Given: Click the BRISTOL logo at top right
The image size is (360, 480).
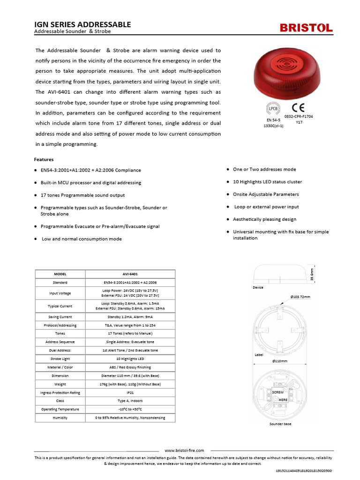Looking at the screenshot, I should [x=307, y=28].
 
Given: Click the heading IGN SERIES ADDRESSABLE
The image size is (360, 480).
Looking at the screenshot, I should [x=83, y=24].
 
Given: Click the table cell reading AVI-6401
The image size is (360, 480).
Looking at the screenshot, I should [x=130, y=274].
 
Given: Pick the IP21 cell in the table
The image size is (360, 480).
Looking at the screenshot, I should [x=130, y=392].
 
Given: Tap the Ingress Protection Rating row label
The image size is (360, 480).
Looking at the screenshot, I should [x=60, y=392].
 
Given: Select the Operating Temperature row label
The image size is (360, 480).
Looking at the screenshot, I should [x=60, y=409].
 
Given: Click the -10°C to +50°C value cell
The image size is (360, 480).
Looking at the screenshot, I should [x=130, y=409].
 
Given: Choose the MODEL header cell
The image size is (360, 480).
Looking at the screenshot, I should [x=60, y=274].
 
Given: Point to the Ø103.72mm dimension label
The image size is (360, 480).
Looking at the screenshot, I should [x=300, y=297].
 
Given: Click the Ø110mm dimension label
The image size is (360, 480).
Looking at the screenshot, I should [x=280, y=361].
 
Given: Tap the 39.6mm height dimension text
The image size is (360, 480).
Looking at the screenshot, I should [x=312, y=274].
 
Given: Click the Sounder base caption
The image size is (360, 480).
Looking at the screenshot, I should [x=280, y=424].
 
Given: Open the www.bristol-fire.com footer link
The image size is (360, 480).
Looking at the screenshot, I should [x=184, y=450].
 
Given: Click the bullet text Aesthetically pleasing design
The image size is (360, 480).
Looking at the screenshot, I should [x=264, y=219].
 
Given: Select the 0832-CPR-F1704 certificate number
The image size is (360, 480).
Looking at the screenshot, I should [x=299, y=116].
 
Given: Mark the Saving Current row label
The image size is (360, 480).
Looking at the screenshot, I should [x=60, y=317].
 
